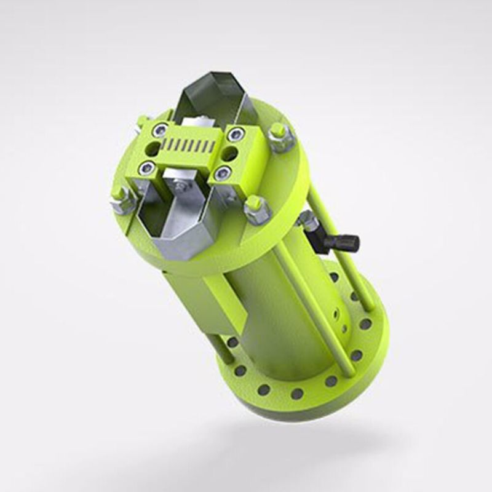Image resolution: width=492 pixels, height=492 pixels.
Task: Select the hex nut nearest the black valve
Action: pyautogui.click(x=258, y=209)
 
